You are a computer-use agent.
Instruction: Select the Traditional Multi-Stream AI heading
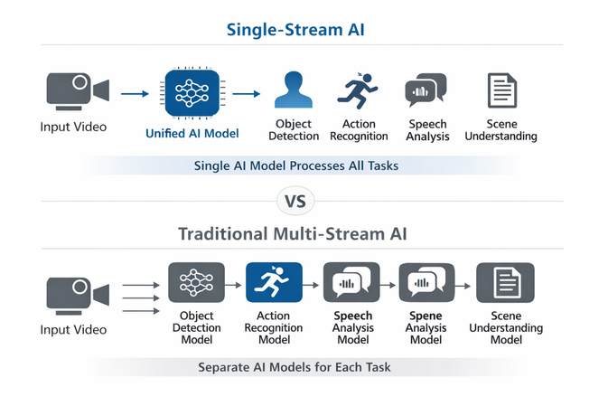coord(304,233)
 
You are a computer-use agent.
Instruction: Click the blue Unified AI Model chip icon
coord(191,92)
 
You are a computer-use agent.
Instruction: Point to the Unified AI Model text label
coord(192,134)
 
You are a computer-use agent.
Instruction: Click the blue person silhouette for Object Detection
coord(294,91)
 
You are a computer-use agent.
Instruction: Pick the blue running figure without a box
coord(359,90)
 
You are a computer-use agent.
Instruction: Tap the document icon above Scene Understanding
coord(501,90)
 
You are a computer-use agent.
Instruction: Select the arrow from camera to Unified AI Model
coord(134,92)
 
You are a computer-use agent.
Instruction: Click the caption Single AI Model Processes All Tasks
coord(295,166)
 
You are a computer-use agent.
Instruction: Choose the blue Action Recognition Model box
coord(274,284)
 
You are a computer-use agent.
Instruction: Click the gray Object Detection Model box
coord(196,284)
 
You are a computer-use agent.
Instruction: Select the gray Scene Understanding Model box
coord(504,284)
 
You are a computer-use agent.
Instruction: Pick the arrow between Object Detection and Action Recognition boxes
coord(235,284)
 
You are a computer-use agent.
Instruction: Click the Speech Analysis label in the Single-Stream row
coord(427,129)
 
